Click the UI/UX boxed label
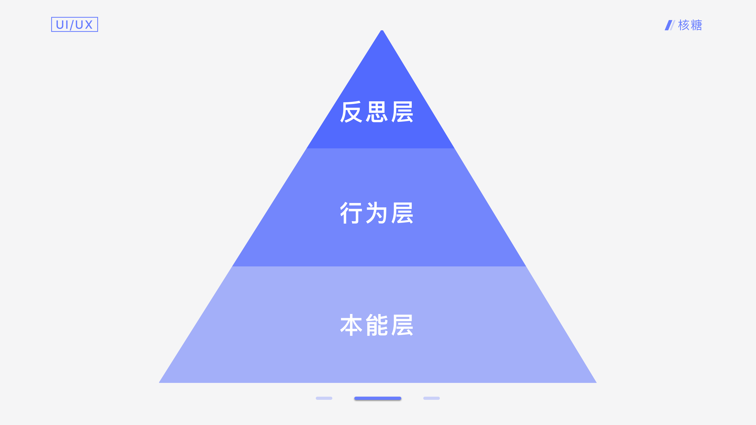pyautogui.click(x=75, y=24)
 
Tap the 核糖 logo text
pyautogui.click(x=690, y=25)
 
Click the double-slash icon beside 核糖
pyautogui.click(x=669, y=25)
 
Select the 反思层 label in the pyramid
pyautogui.click(x=377, y=112)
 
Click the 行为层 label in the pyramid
pyautogui.click(x=377, y=213)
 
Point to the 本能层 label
pyautogui.click(x=377, y=325)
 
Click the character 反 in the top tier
pyautogui.click(x=351, y=112)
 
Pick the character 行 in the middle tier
pyautogui.click(x=351, y=213)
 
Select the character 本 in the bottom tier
pyautogui.click(x=351, y=325)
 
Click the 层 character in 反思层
pyautogui.click(x=402, y=112)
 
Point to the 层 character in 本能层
pyautogui.click(x=402, y=325)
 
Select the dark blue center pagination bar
pyautogui.click(x=378, y=398)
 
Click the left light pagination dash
pyautogui.click(x=324, y=398)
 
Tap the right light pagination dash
pyautogui.click(x=431, y=398)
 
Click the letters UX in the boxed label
pyautogui.click(x=84, y=25)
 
